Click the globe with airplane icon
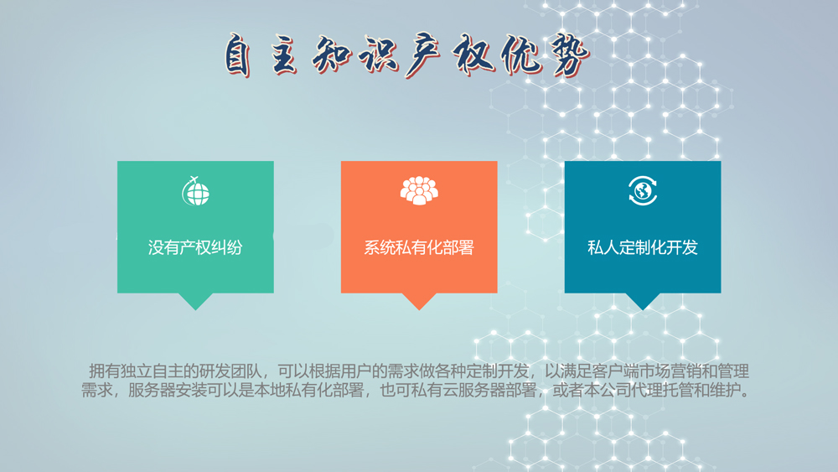point(195,191)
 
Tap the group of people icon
point(419,190)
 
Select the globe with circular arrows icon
point(643,190)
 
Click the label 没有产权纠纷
point(195,247)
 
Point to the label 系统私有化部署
point(419,247)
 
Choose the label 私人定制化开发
point(643,247)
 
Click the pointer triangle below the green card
point(195,301)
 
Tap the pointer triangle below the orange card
point(419,301)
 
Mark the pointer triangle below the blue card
point(643,301)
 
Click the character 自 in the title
point(238,55)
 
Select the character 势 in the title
point(569,55)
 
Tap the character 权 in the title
point(473,54)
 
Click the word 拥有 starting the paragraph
point(104,371)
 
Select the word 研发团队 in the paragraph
point(230,371)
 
